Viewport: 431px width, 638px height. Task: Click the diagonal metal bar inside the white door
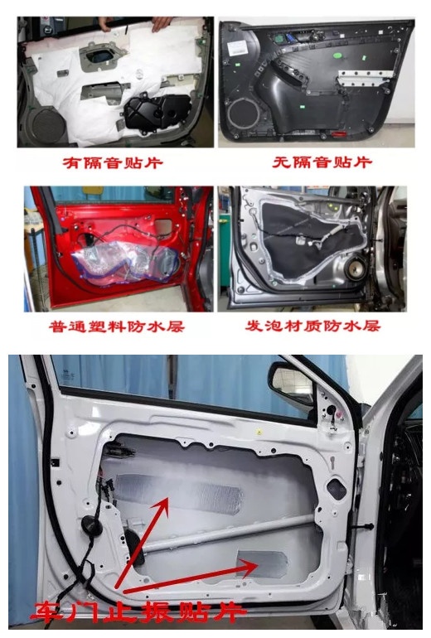(240, 530)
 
